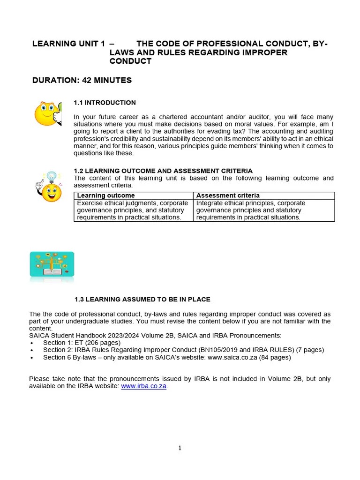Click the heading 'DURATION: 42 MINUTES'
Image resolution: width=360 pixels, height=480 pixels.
coord(82,80)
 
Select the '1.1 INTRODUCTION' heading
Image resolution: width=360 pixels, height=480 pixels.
coord(105,103)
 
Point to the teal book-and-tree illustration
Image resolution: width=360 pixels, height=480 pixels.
coord(52,265)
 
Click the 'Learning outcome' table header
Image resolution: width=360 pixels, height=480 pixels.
coord(105,195)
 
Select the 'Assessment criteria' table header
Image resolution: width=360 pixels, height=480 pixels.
coord(228,195)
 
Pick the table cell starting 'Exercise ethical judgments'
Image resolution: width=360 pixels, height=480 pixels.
coord(133,210)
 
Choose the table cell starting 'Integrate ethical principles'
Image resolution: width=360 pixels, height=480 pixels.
coord(251,210)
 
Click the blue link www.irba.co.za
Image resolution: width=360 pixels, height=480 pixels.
coord(144,386)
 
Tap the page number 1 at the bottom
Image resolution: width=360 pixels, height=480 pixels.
coord(180,448)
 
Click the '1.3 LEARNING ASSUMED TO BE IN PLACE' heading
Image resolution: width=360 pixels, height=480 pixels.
coord(142,299)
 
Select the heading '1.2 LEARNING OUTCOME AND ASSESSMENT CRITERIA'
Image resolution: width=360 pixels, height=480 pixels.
coord(163,171)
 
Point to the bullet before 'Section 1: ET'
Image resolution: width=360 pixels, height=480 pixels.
coord(31,343)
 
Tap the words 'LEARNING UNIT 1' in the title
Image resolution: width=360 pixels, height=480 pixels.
coord(68,44)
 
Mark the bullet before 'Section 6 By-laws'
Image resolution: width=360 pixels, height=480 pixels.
coord(31,358)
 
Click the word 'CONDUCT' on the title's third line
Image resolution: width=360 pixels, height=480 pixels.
coord(130,61)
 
